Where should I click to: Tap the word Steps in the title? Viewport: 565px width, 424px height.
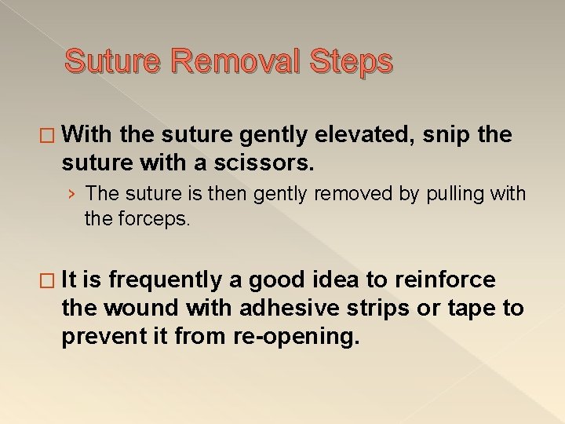coord(352,60)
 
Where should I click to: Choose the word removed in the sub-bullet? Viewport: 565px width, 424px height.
coord(348,194)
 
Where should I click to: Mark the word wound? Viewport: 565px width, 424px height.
coord(136,308)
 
